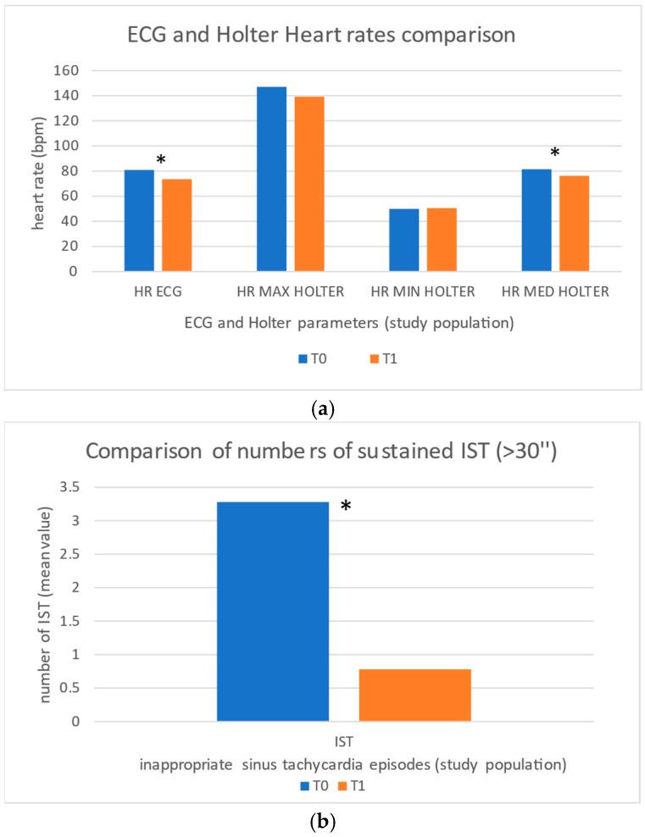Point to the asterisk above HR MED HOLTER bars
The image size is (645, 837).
pos(555,153)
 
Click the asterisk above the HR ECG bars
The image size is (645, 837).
pos(160,160)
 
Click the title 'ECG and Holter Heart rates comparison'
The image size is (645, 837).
pos(322,36)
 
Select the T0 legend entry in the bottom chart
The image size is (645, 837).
pos(313,785)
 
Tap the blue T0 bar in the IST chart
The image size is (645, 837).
pos(272,612)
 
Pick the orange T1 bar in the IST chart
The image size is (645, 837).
pos(414,695)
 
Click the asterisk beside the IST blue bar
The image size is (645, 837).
pos(346,507)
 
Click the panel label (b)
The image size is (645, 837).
pos(322,821)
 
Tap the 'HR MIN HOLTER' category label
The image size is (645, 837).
pos(421,292)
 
